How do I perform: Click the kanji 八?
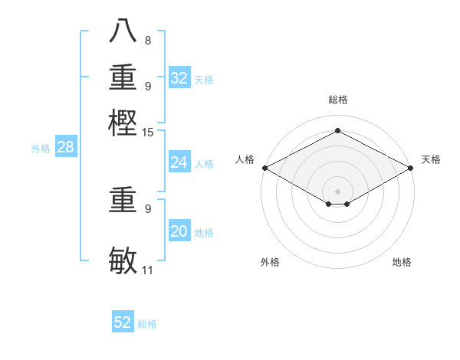pos(123,32)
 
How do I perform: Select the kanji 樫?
pos(123,122)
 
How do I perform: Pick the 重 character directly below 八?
pos(123,77)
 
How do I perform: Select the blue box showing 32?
pos(179,78)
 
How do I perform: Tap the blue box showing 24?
pos(179,162)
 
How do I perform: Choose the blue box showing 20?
pos(179,231)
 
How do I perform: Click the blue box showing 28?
pos(65,148)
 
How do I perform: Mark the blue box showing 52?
pos(123,323)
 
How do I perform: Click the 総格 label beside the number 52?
pos(147,324)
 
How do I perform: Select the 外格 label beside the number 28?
pos(41,149)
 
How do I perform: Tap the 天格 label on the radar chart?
pos(431,159)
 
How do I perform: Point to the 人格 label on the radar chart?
pos(245,159)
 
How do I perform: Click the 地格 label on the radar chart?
pos(402,262)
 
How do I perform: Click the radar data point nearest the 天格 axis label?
pos(412,168)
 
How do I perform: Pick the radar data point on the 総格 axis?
pos(337,131)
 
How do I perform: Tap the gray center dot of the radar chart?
pos(337,191)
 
